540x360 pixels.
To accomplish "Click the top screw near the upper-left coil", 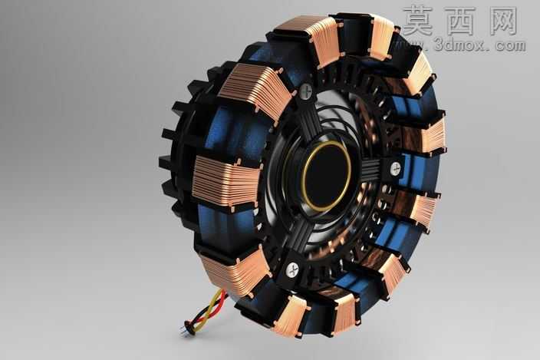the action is point(305,91).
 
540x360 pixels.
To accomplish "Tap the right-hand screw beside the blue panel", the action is point(396,169).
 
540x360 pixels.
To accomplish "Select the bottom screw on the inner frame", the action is point(292,269).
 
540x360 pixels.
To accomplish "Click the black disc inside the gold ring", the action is point(327,177).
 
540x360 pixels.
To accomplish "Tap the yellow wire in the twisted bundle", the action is point(209,309).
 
